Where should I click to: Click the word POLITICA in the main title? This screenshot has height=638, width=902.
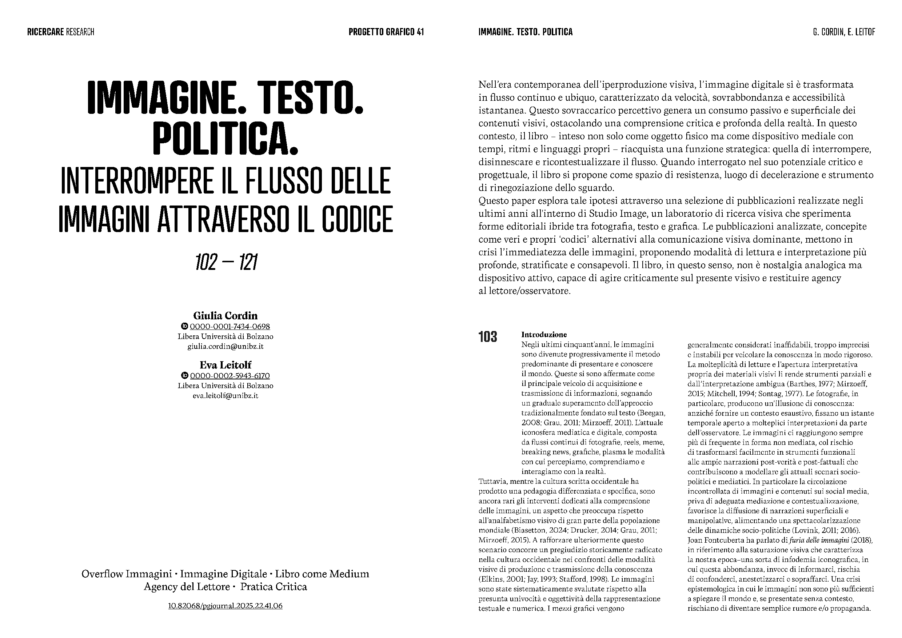(x=225, y=139)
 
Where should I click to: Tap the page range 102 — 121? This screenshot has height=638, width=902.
(x=226, y=262)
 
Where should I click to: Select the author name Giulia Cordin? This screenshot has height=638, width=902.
(x=225, y=315)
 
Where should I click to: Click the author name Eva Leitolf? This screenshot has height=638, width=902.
(x=225, y=365)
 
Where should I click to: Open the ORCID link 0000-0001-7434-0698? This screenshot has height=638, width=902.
(x=230, y=327)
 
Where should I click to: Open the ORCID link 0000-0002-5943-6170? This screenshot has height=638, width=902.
(x=230, y=376)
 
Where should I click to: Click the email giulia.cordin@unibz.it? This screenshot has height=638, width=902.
(x=225, y=347)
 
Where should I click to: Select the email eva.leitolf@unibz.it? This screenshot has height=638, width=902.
(x=225, y=396)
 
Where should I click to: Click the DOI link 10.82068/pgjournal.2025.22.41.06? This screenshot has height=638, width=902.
(x=225, y=606)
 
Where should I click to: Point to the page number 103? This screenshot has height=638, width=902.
(x=487, y=337)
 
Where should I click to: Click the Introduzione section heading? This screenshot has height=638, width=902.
(x=544, y=335)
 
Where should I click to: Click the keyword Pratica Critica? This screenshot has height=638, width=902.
(x=274, y=587)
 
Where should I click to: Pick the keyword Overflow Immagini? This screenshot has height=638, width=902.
(x=127, y=574)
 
